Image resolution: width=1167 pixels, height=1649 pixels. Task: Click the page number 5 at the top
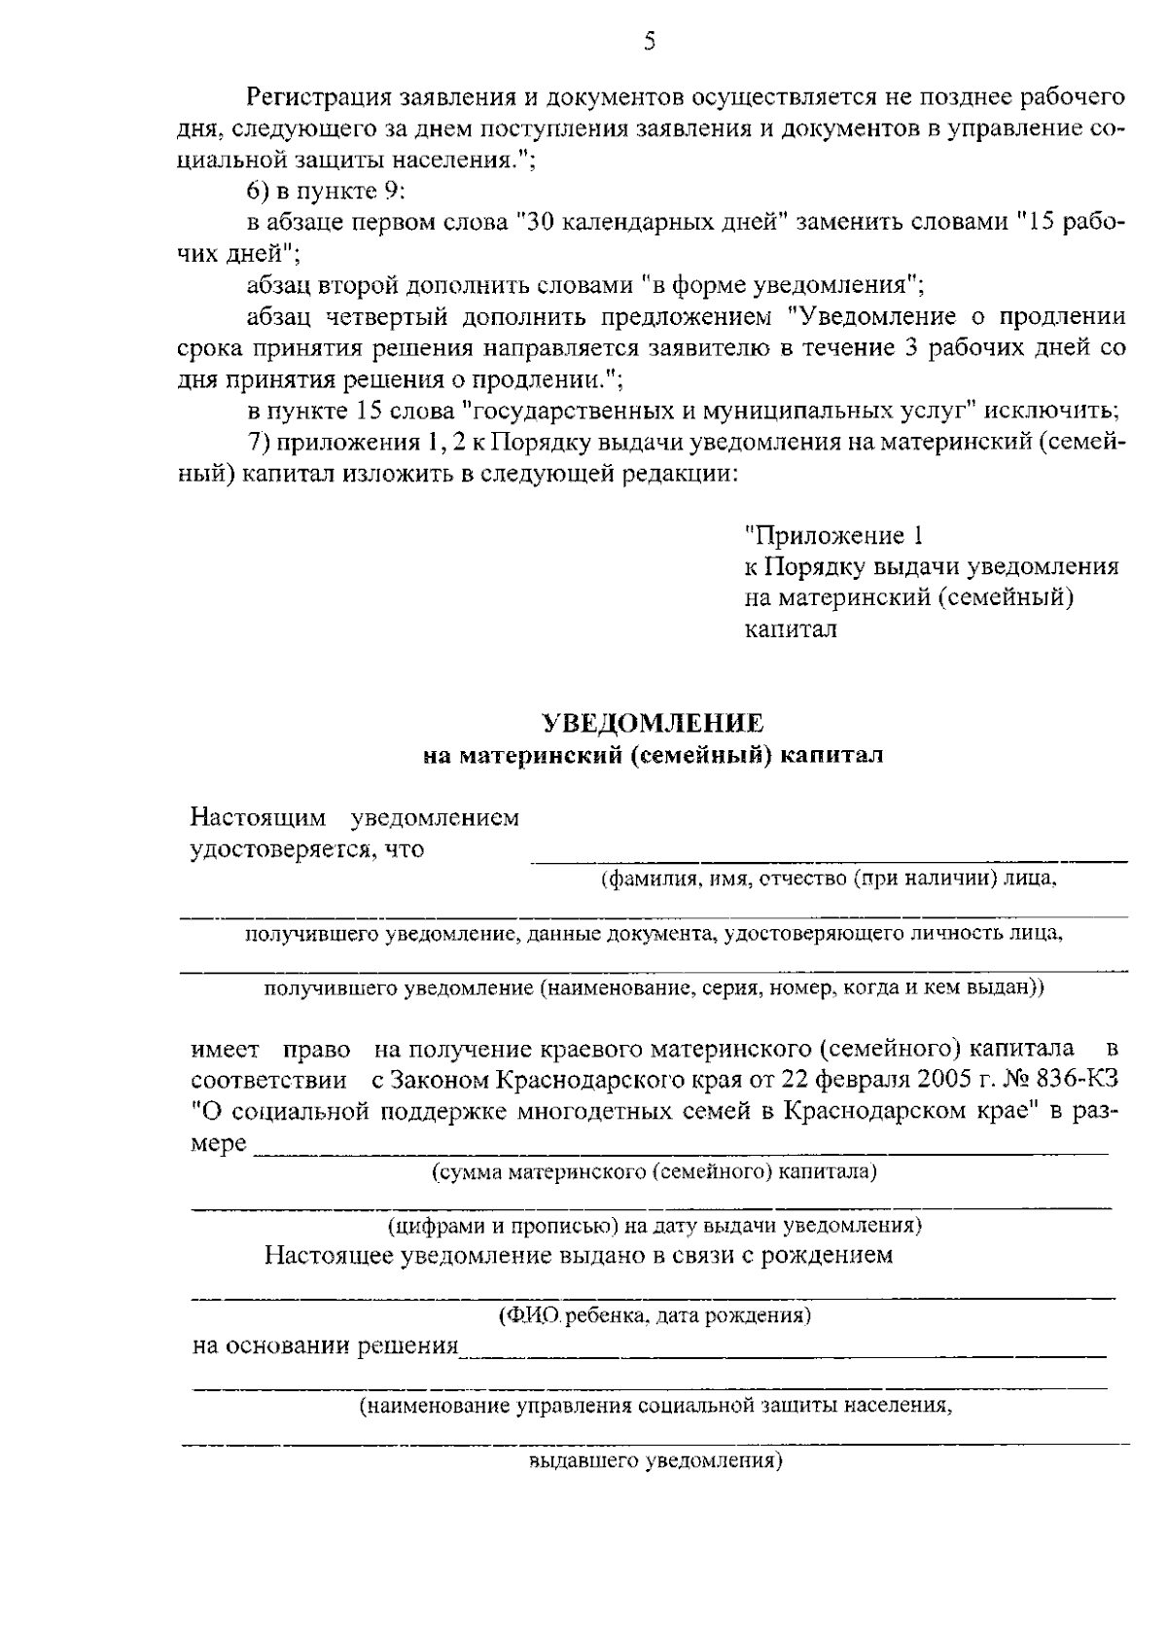click(x=650, y=40)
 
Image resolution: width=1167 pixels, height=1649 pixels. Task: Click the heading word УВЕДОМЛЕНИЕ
click(x=652, y=723)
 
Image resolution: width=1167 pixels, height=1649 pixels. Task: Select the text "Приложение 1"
click(x=832, y=535)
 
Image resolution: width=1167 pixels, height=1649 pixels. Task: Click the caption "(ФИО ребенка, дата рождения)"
click(x=654, y=1317)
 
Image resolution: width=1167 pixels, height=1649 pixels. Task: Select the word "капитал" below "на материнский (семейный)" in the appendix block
click(x=790, y=628)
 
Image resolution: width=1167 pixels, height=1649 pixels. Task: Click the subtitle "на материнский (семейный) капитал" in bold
click(x=653, y=755)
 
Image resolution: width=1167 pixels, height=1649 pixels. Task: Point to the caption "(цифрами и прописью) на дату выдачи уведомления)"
click(x=654, y=1224)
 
